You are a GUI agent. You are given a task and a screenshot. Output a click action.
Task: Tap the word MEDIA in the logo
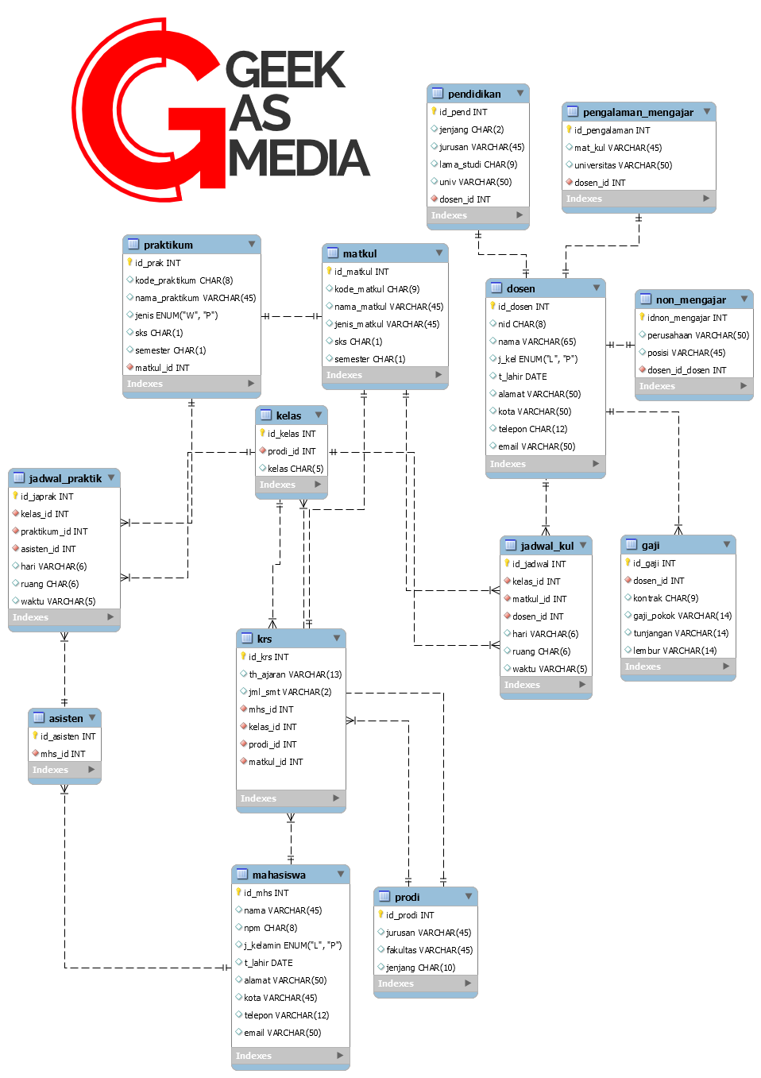(x=299, y=157)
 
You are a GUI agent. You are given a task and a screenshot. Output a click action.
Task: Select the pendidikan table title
(x=473, y=94)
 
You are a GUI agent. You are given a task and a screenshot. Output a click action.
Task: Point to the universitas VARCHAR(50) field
(x=623, y=165)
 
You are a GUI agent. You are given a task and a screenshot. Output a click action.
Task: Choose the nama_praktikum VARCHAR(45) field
(x=195, y=298)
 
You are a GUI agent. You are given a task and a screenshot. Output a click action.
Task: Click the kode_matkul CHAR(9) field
(x=377, y=289)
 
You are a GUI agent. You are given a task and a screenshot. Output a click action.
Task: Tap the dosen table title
(x=520, y=288)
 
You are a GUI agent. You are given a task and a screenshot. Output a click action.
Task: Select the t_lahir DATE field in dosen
(x=522, y=377)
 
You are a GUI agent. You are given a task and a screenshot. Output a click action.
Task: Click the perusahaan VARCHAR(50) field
(x=697, y=335)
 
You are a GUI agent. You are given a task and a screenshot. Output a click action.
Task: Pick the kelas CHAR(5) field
(x=295, y=469)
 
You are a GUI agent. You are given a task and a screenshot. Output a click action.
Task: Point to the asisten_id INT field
(x=48, y=549)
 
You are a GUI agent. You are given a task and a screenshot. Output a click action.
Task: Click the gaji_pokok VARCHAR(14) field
(x=682, y=616)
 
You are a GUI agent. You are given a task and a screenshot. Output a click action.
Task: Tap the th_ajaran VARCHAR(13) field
(x=295, y=674)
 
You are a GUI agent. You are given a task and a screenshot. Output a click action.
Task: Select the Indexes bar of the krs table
(x=291, y=798)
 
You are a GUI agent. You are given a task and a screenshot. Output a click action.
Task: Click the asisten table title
(x=65, y=718)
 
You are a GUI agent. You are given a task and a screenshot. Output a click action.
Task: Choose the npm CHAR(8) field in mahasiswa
(x=270, y=928)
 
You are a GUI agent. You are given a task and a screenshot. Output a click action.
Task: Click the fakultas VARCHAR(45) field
(x=429, y=950)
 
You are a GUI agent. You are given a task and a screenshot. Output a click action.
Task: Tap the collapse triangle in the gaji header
(x=727, y=544)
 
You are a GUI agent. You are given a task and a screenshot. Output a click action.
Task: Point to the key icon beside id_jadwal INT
(x=507, y=563)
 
